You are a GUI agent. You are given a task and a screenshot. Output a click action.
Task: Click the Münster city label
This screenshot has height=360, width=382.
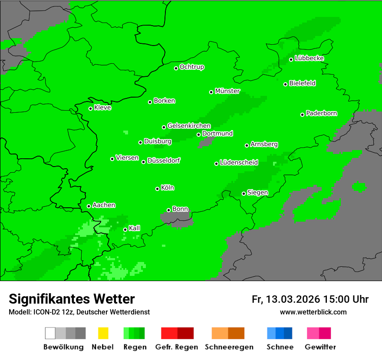coord(227,91)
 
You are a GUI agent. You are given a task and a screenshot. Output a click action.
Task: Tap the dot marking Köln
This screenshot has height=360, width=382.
coord(157,189)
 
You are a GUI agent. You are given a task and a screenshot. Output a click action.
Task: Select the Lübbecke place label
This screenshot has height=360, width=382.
coord(309,58)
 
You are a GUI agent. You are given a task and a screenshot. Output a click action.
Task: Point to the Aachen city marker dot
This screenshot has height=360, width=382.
coord(89,206)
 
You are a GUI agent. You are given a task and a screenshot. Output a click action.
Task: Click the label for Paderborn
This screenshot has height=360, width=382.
coord(321,113)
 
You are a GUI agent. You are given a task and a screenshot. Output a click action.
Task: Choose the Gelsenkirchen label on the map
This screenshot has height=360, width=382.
coord(189,126)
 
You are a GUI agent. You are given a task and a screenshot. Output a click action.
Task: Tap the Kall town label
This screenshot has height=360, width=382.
coord(135,228)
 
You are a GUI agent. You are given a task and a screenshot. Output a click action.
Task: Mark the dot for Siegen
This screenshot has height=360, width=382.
coord(244,193)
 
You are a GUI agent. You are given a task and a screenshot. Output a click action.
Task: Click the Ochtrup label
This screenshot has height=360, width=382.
coord(192,67)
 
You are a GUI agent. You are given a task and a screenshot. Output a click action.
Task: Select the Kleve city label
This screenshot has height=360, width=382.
coord(102,108)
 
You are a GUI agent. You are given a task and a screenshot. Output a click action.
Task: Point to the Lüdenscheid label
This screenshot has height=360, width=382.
coord(239,163)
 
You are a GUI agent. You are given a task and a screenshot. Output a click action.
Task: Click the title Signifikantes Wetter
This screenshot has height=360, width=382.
coord(72,299)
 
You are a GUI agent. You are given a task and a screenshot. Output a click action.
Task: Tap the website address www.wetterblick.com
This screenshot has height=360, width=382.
coord(313,312)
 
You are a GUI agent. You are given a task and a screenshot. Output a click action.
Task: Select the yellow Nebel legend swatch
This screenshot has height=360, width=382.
coord(103,333)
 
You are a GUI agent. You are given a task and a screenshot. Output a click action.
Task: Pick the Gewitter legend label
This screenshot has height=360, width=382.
coord(320,347)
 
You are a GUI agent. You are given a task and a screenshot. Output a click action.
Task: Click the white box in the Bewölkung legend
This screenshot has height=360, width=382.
coord(50,333)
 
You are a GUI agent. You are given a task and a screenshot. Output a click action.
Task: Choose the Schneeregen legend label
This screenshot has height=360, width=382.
coord(229,347)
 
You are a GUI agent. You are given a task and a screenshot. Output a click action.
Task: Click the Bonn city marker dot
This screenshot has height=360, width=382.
coord(168,210)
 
